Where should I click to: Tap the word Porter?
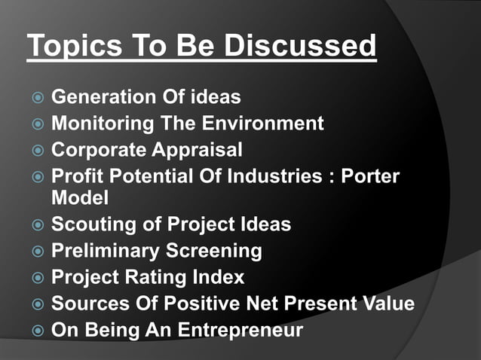[x=372, y=176]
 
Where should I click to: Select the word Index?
[x=219, y=277]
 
